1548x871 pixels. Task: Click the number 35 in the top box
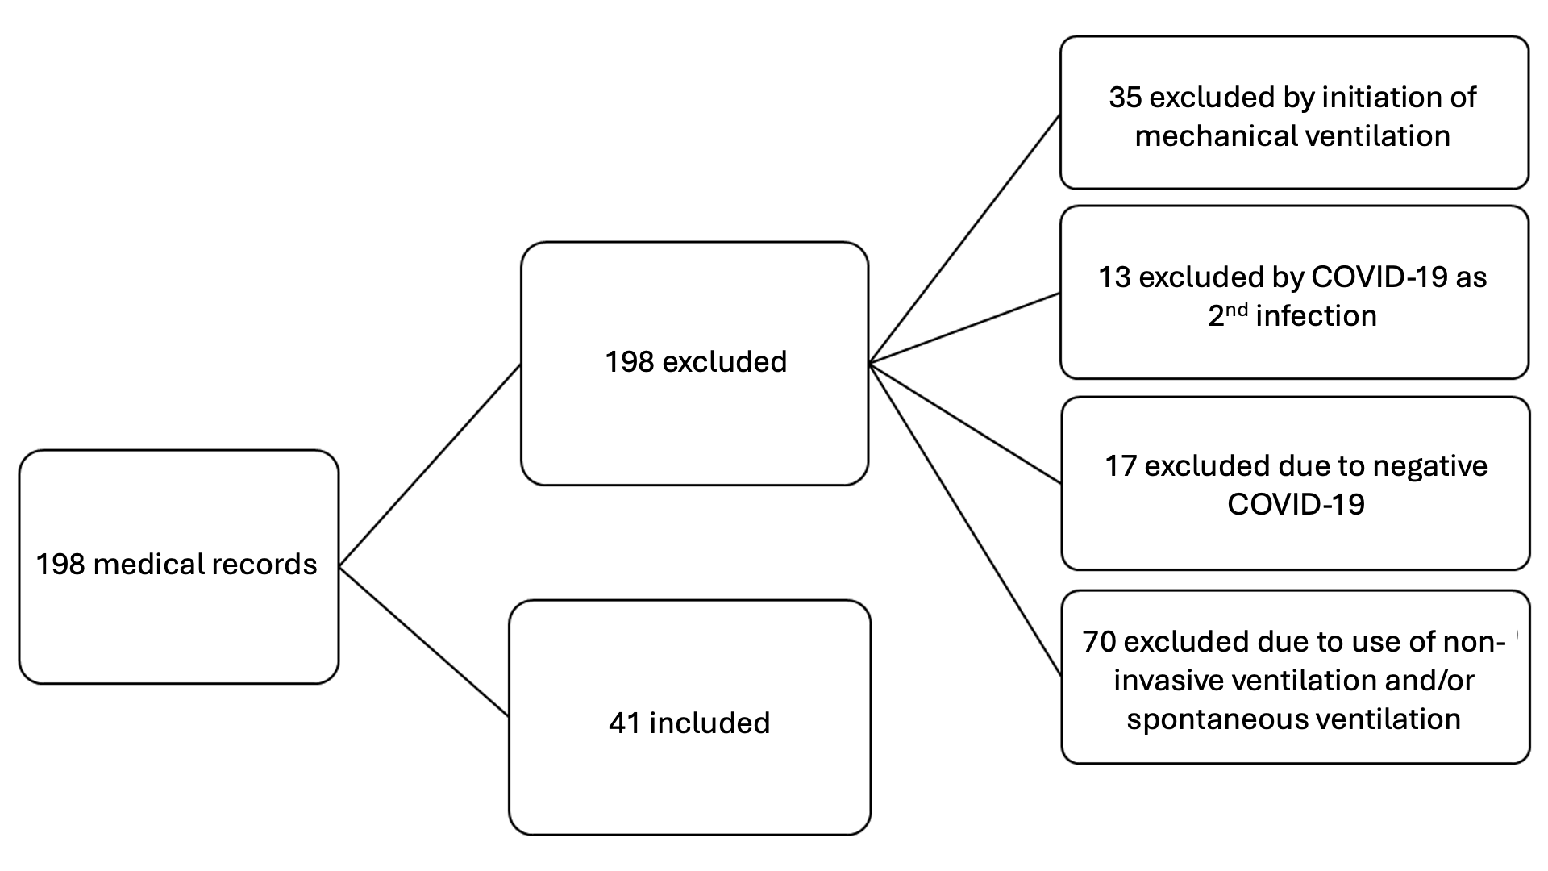click(1126, 98)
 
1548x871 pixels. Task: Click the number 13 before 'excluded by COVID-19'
click(1115, 277)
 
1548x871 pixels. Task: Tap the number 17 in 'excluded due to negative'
click(1121, 466)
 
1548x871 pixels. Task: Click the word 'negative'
click(1429, 466)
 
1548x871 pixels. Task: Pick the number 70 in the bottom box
click(1100, 642)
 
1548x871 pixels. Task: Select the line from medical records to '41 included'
click(423, 642)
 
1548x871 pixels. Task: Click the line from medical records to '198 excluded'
click(430, 466)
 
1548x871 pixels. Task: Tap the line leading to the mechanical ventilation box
click(964, 240)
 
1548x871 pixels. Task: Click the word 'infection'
click(1316, 316)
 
